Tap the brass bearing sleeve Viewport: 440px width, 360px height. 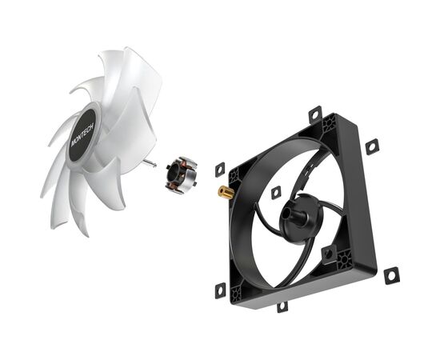pyautogui.click(x=226, y=192)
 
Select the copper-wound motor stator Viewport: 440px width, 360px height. pyautogui.click(x=181, y=175)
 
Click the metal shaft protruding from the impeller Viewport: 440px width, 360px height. pyautogui.click(x=150, y=163)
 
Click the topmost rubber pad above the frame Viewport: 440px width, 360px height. pyautogui.click(x=315, y=114)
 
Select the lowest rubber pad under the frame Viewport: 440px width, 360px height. pyautogui.click(x=282, y=306)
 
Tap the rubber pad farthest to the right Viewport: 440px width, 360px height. pyautogui.click(x=391, y=275)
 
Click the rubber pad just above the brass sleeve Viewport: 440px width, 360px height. pyautogui.click(x=220, y=170)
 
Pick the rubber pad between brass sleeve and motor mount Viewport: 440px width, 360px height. pyautogui.click(x=276, y=193)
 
